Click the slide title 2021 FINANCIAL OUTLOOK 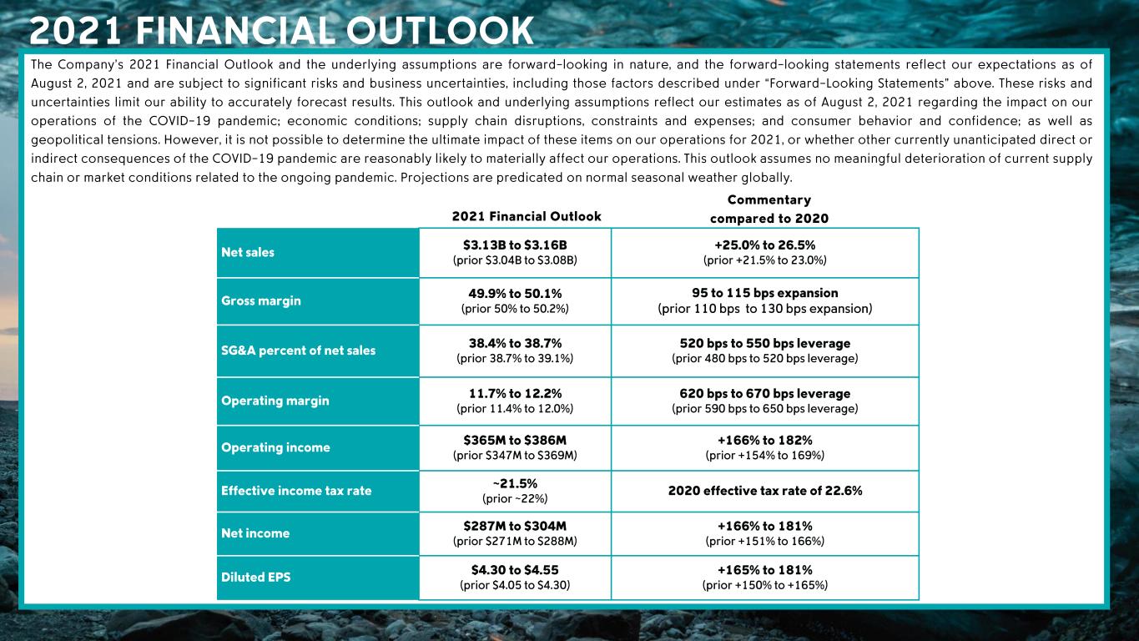pos(281,31)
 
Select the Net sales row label pos(248,252)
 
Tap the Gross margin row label pos(261,300)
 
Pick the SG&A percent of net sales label pos(298,351)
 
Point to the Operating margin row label pos(275,401)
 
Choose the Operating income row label pos(275,447)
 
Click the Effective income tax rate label pos(296,491)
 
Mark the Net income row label pos(255,533)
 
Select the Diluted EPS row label pos(256,577)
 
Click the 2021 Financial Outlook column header pos(527,217)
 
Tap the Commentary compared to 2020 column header pos(769,209)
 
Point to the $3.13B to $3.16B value pos(515,245)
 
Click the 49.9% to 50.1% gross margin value pos(515,293)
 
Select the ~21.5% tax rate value pos(515,484)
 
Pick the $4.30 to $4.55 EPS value pos(515,570)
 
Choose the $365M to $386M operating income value pos(515,440)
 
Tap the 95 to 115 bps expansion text pos(765,293)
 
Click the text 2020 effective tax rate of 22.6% pos(765,491)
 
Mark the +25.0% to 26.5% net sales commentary pos(765,245)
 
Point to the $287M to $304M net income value pos(515,526)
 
